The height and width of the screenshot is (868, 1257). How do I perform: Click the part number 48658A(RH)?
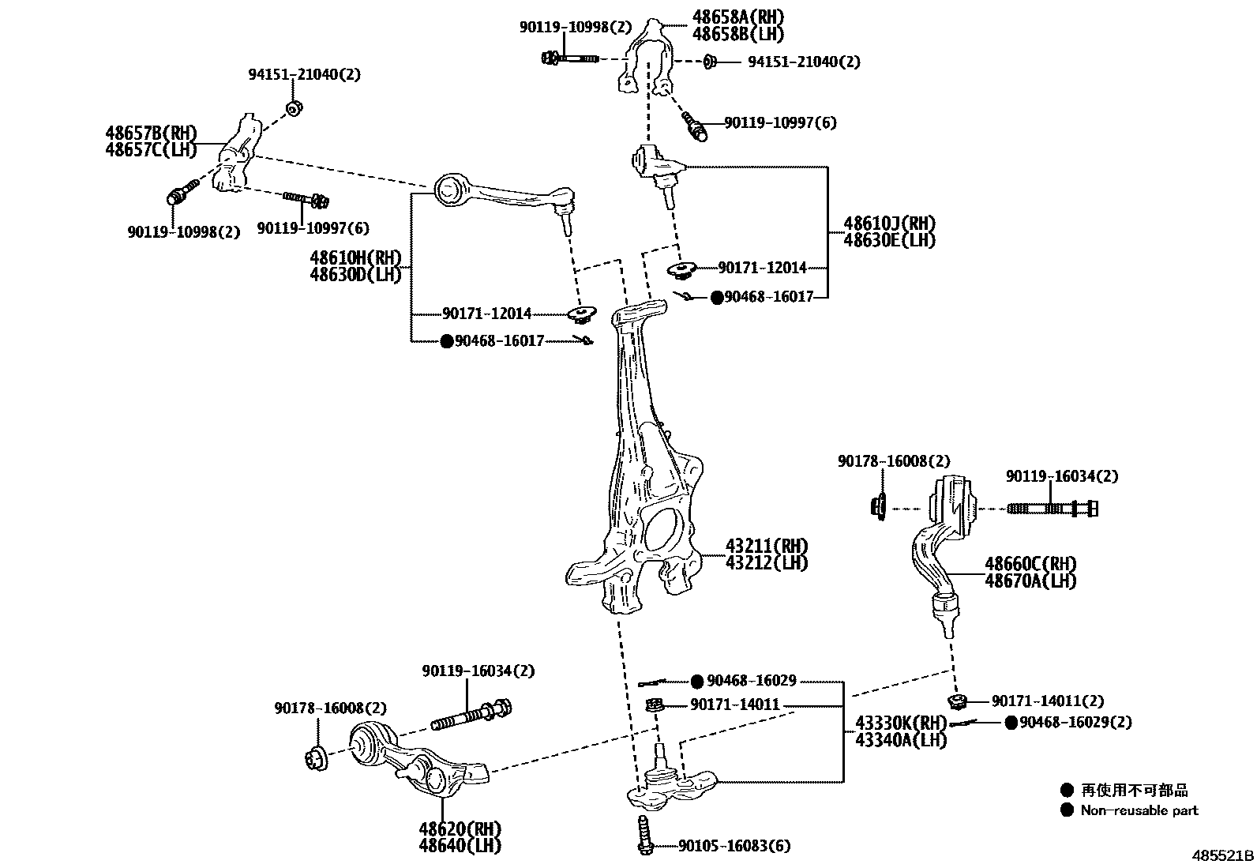coord(738,17)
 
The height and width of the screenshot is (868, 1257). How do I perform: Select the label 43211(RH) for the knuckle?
coord(767,546)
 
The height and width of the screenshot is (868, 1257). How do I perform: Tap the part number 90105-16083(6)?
coord(734,846)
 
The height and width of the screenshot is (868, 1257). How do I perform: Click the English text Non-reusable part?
coord(1139,810)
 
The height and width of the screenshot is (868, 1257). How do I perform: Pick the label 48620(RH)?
coord(460,829)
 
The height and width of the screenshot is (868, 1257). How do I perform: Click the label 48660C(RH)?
coord(1030,564)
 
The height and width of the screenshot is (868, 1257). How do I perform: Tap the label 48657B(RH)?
coord(151,133)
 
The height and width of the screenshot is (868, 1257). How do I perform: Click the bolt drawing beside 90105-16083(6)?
coord(644,834)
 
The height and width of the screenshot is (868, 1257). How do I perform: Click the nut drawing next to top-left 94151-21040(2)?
coord(293,107)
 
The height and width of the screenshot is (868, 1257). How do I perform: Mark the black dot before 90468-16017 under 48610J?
coord(716,297)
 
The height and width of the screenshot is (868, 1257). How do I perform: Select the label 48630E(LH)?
coord(889,240)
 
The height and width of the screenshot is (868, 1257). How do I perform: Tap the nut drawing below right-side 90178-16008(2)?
coord(879,506)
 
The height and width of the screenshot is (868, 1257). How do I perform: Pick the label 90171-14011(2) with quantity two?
coord(1048,701)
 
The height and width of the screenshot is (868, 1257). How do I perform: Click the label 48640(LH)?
coord(460,846)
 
